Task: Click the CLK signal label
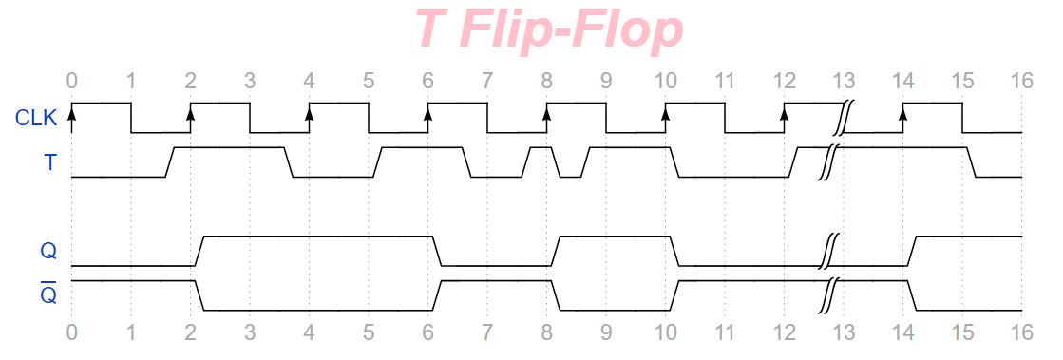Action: [36, 119]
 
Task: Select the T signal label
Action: [49, 162]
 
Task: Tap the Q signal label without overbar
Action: [48, 251]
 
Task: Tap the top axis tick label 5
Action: [369, 82]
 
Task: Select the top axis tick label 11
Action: [725, 82]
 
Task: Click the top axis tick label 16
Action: [1021, 82]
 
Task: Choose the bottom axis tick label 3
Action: [250, 332]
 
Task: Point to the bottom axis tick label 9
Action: [606, 332]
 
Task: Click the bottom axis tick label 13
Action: [844, 332]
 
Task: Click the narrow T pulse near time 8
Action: [541, 161]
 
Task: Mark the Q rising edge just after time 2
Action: [199, 251]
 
